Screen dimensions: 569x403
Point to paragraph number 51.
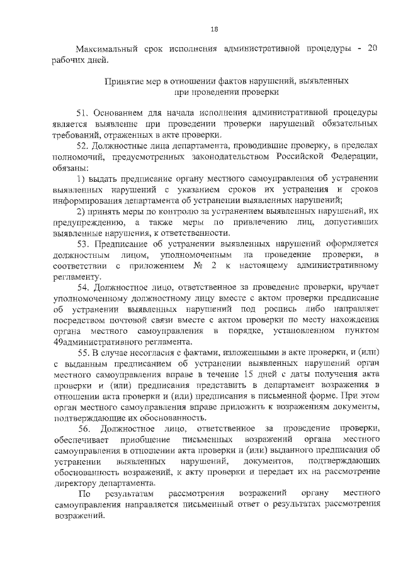83,113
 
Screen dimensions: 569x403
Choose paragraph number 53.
83,245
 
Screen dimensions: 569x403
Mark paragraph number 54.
83,287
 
